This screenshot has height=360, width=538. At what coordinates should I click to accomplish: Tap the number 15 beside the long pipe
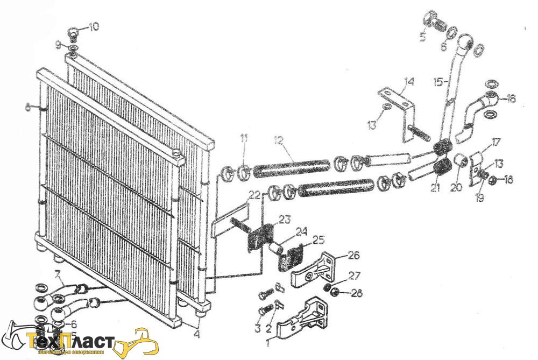click(438, 82)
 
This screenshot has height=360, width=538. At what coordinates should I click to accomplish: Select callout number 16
click(511, 98)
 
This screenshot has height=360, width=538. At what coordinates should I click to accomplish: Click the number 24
click(301, 232)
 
